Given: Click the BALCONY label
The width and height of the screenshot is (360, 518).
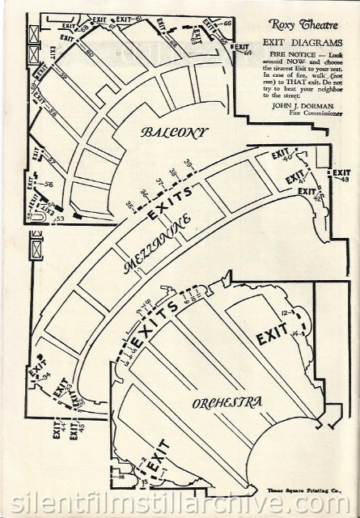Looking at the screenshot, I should (173, 132).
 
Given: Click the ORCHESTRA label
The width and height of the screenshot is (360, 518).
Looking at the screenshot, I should (227, 402).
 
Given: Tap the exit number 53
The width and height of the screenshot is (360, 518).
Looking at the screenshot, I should (58, 218).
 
